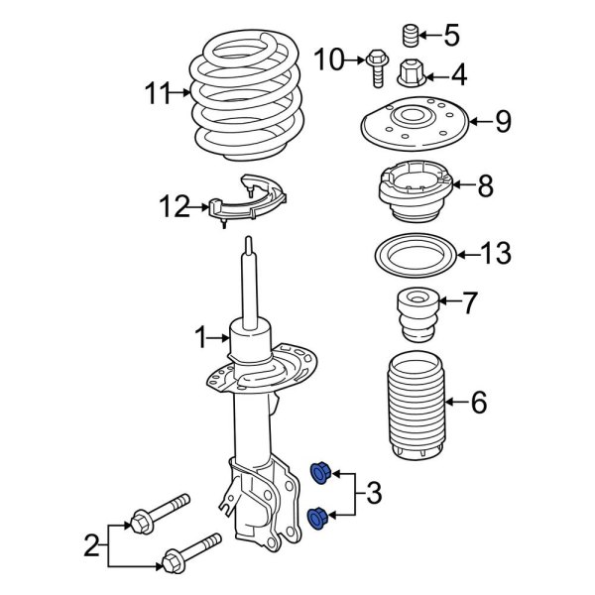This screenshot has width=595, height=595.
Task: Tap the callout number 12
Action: coord(174,207)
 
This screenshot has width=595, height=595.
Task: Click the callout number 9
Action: coord(503,122)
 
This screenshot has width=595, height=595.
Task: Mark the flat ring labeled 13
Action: coord(412,254)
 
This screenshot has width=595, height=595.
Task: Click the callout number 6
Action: coord(478,403)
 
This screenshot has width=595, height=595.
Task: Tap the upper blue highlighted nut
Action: coord(321,472)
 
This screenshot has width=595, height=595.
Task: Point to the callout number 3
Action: coord(373,492)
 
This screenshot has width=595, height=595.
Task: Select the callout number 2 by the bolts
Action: coord(91,544)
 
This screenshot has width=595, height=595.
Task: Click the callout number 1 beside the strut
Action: coord(201,338)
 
